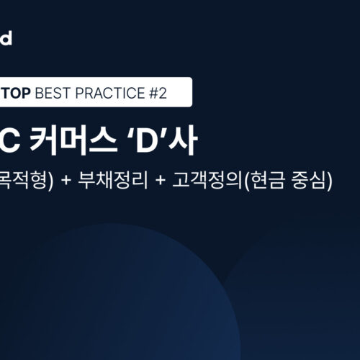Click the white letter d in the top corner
click(6, 37)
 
